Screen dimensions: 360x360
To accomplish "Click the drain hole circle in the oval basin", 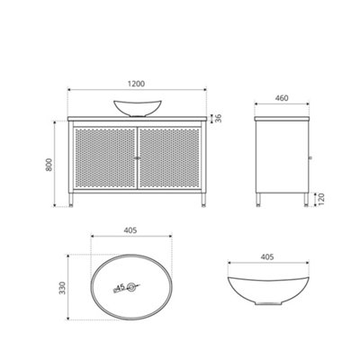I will point(132,287).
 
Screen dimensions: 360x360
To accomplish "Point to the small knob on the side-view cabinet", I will point(309,157).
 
